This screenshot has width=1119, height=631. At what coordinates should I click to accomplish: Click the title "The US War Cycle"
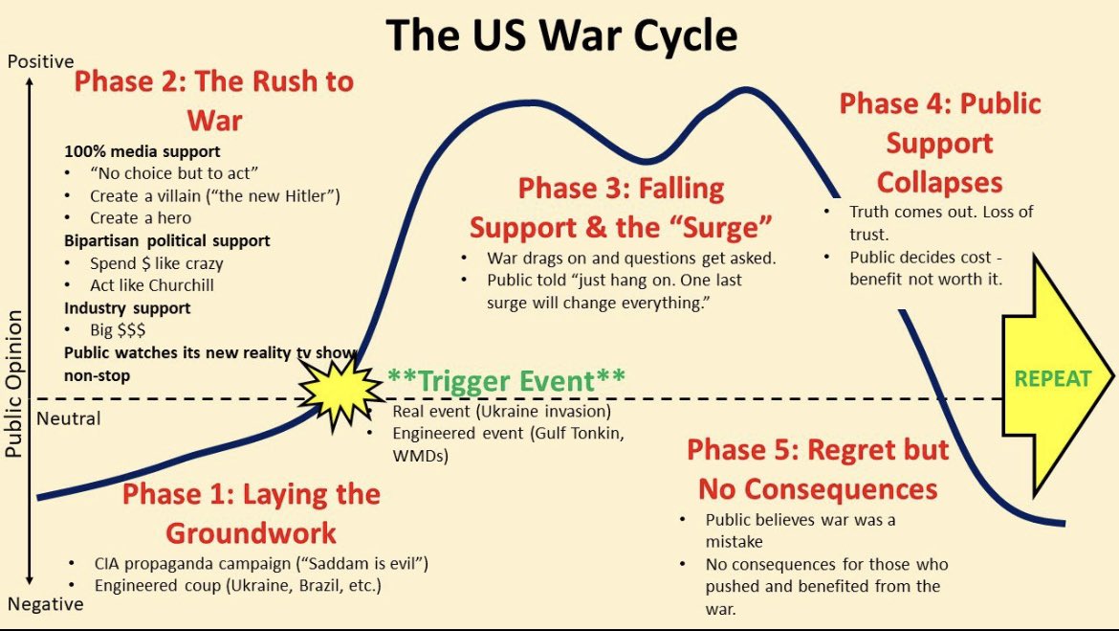pos(561,35)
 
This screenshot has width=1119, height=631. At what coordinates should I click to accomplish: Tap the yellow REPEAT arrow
pos(1052,378)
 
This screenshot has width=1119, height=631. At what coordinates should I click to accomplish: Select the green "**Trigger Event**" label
pos(506,380)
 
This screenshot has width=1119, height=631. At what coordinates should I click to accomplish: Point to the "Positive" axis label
pos(40,61)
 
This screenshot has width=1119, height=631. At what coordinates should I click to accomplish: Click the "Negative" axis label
pos(45,604)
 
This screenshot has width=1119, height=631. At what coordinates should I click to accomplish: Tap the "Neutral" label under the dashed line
pos(68,418)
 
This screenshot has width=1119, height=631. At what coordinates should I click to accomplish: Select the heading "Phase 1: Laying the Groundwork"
pos(252,513)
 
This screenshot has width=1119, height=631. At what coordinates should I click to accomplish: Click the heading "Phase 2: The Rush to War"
pos(214,101)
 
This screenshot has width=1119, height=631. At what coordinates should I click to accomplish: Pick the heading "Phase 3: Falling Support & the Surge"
pos(621,208)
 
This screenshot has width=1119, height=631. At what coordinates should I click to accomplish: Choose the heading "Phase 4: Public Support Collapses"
pos(939,143)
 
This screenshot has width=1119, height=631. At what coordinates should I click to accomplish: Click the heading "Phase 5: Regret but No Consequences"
pos(818,469)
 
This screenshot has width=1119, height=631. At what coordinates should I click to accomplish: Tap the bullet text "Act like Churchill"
pos(151,284)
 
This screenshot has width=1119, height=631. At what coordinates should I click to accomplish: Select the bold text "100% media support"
pos(142,151)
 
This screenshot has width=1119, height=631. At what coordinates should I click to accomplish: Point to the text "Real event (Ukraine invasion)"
pos(501,411)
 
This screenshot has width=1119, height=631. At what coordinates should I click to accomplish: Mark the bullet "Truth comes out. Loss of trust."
pos(941,221)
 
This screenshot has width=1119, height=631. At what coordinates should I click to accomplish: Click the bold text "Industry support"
pos(127,307)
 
